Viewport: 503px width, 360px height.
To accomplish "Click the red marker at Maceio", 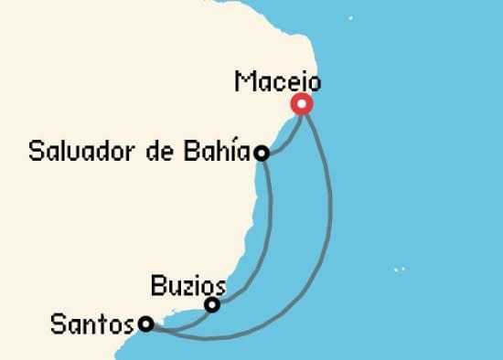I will [301, 105].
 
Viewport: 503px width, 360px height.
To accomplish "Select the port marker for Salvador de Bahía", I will [262, 154].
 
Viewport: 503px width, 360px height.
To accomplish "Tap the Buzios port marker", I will [212, 305].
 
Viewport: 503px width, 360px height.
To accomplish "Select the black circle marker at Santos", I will [145, 323].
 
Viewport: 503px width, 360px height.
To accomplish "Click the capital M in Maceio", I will [244, 81].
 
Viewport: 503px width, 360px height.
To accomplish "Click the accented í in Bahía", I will [236, 151].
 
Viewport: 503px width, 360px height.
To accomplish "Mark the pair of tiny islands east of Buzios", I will [398, 269].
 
